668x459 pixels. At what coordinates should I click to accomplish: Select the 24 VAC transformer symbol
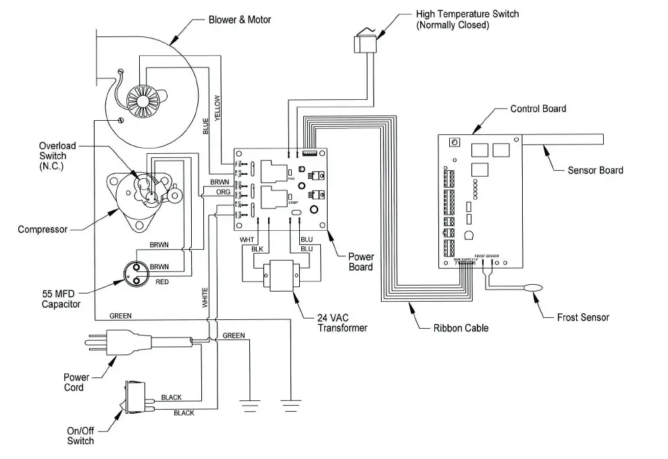[x=280, y=277]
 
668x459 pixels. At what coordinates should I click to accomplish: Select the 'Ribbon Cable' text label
[x=461, y=329]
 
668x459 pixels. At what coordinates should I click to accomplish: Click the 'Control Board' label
[x=538, y=109]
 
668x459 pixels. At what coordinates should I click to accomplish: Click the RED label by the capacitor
[x=162, y=281]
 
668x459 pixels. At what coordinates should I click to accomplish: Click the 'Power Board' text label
[x=360, y=262]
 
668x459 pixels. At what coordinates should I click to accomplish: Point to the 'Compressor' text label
[x=43, y=230]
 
